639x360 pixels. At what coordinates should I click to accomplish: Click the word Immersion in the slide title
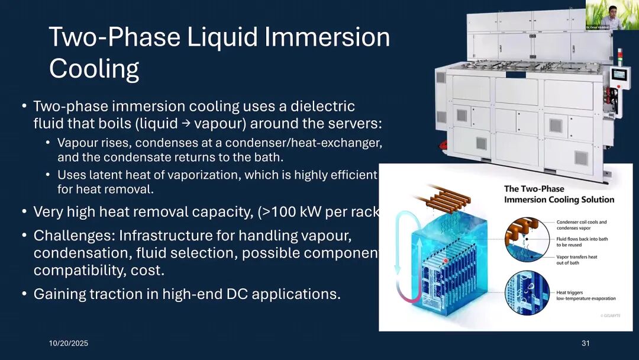click(327, 38)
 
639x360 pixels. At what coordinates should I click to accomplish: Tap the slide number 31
click(586, 343)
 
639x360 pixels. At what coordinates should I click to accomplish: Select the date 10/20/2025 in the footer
click(68, 343)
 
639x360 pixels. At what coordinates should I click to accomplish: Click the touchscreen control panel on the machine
click(620, 75)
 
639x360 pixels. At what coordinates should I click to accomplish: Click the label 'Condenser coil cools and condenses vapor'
click(581, 226)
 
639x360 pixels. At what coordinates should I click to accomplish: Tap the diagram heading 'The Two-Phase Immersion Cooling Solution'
click(559, 194)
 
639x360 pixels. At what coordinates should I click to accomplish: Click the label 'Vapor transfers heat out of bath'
click(577, 260)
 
